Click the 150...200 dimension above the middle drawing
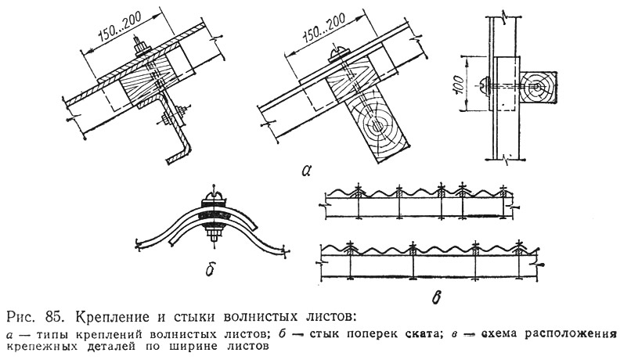click(323, 29)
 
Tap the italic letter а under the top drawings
click(306, 171)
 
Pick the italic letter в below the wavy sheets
click(436, 297)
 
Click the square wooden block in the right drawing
click(538, 88)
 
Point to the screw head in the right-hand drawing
click(485, 85)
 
